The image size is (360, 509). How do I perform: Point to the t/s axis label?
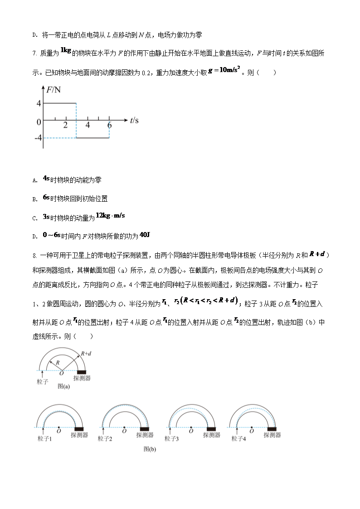[134, 121]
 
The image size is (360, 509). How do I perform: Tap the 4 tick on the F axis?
[39, 103]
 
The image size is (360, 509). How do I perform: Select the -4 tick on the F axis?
[38, 137]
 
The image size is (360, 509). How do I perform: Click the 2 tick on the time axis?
[66, 125]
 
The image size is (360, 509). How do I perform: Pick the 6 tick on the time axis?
[109, 125]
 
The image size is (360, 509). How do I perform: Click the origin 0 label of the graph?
[39, 121]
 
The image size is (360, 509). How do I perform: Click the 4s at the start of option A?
[46, 179]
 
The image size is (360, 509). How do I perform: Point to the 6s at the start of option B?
[46, 198]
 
